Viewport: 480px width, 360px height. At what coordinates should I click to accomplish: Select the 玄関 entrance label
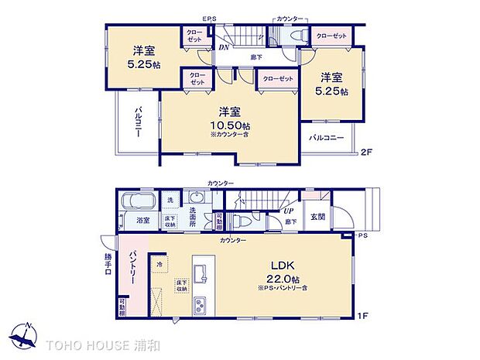[317, 217]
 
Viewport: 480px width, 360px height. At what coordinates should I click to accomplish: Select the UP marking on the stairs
[288, 211]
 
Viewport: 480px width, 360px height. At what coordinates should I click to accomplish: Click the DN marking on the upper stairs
[223, 48]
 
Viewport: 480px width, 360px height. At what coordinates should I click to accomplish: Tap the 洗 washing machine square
[171, 201]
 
